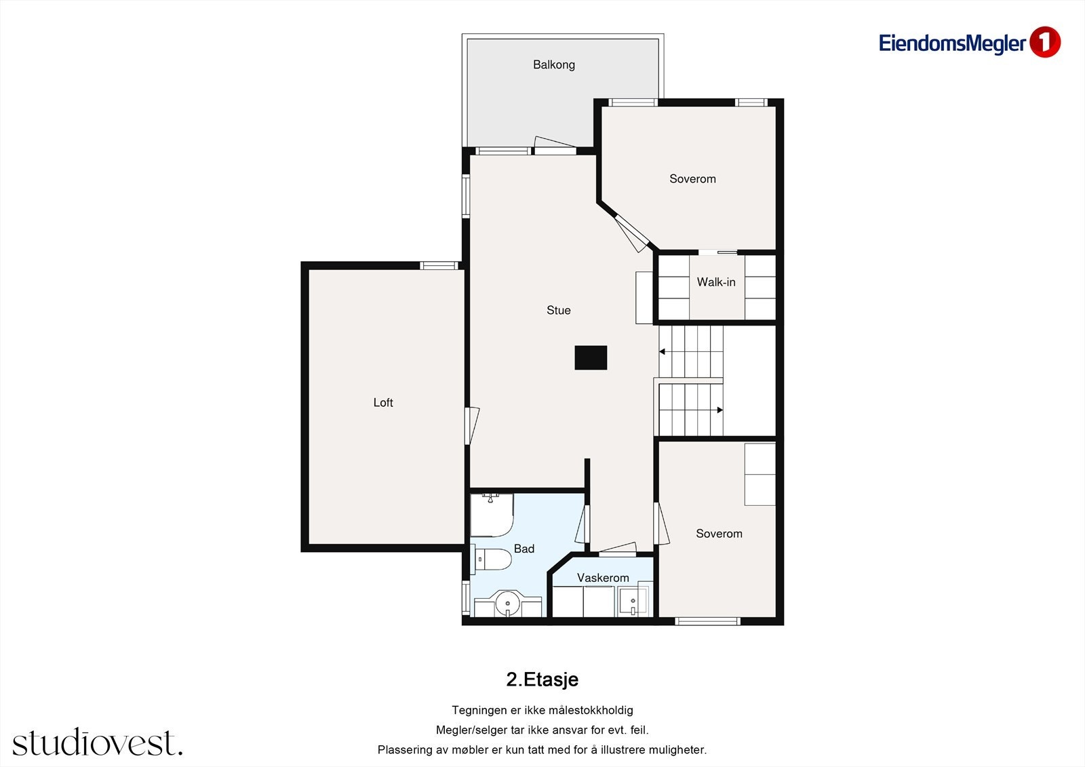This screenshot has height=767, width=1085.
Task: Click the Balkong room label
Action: click(x=553, y=65)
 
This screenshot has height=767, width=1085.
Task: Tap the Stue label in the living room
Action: click(x=559, y=310)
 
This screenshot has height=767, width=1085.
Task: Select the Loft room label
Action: click(x=383, y=403)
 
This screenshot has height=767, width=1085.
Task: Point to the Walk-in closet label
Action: click(x=716, y=282)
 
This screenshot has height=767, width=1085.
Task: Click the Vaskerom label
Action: click(x=603, y=578)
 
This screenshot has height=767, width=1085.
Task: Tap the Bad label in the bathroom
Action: click(x=524, y=549)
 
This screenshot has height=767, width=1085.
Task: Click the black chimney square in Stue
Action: click(x=591, y=357)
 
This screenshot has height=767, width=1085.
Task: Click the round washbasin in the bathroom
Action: click(x=508, y=604)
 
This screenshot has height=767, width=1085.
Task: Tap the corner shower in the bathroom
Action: click(x=492, y=515)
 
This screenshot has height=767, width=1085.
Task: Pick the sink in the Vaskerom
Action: click(x=633, y=602)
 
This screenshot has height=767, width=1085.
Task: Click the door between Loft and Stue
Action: click(x=472, y=426)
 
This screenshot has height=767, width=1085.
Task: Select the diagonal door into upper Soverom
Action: click(x=632, y=234)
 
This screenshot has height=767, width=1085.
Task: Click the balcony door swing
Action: click(x=555, y=144)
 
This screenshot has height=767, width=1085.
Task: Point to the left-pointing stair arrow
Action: click(x=662, y=352)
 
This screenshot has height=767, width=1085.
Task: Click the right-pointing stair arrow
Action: click(x=719, y=410)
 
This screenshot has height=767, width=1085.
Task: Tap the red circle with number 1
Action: click(x=1045, y=43)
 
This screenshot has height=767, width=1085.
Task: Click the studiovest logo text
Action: click(x=98, y=742)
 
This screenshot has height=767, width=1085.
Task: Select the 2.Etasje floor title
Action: click(x=542, y=680)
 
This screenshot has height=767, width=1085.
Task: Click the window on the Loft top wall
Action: click(x=439, y=266)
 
